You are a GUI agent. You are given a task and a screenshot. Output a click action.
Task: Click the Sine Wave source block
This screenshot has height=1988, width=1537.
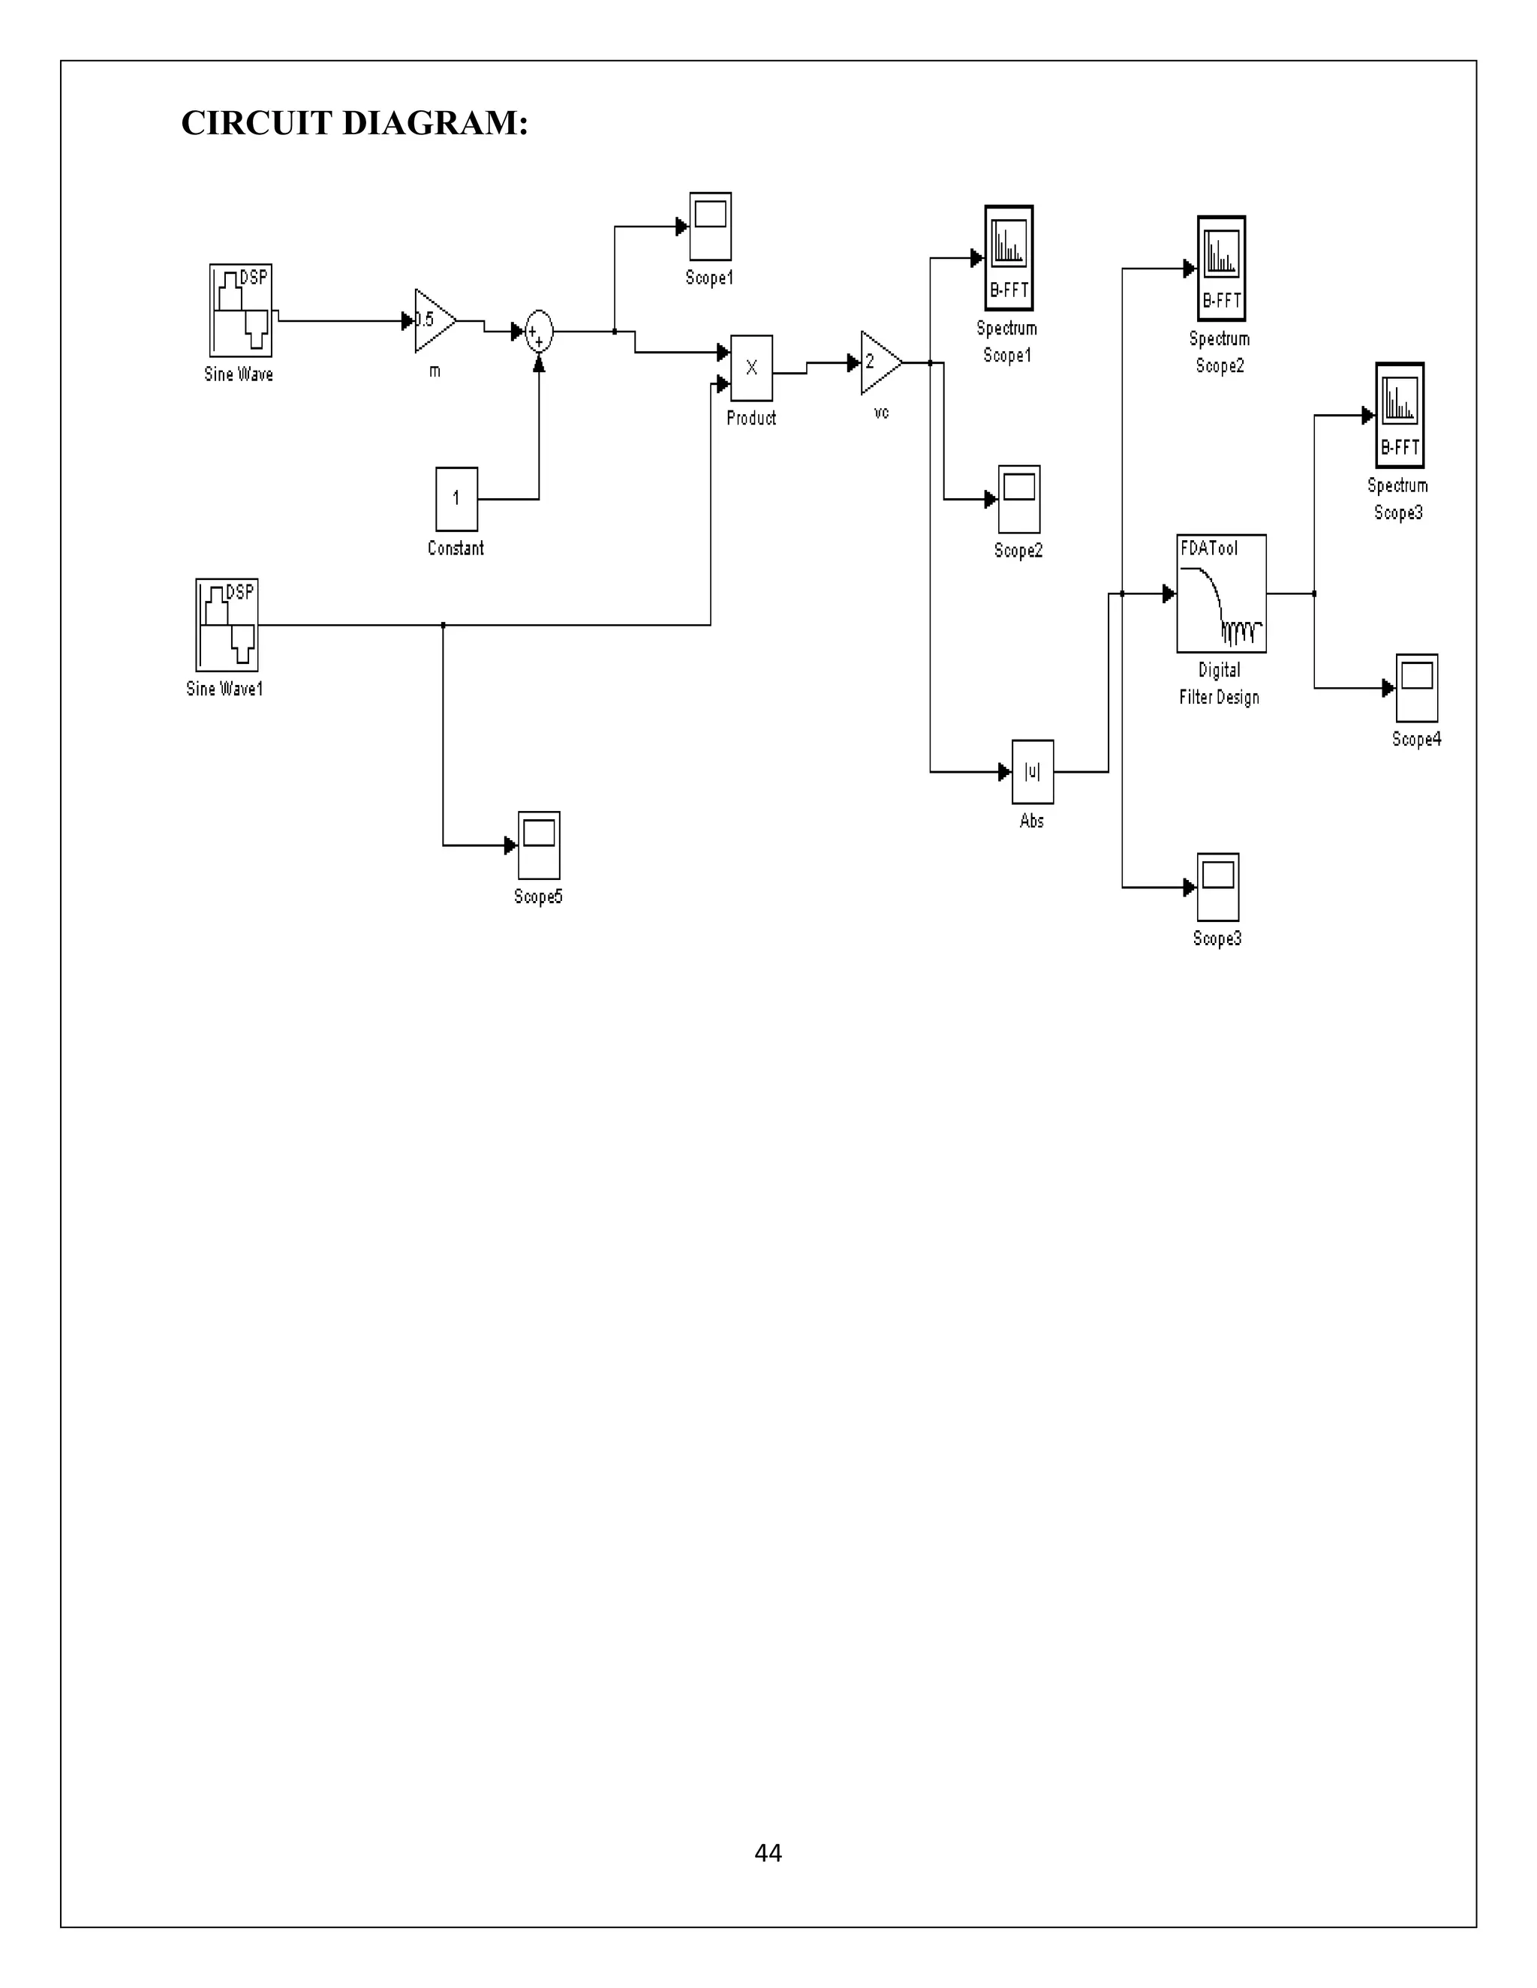240,311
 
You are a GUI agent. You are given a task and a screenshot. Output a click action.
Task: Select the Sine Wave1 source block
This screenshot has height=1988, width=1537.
227,624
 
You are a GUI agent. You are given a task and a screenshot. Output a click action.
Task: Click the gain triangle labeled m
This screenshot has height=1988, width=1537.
434,320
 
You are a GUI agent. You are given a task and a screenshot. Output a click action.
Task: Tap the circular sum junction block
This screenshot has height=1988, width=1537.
539,332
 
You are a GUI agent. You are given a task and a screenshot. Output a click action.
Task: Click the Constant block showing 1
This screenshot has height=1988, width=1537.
456,499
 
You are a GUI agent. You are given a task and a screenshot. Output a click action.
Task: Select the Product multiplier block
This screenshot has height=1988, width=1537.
751,368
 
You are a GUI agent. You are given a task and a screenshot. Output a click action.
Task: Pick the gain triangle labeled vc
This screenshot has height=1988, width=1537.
879,362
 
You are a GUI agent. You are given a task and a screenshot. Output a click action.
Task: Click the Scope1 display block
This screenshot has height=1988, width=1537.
710,226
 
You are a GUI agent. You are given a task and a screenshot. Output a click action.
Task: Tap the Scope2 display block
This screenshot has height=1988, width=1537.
1019,499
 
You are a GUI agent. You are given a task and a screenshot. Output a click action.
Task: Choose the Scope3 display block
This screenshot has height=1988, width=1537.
1217,887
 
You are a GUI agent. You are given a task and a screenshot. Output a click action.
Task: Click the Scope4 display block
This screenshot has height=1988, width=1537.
1416,687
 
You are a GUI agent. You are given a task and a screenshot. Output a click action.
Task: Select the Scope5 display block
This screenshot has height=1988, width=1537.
539,845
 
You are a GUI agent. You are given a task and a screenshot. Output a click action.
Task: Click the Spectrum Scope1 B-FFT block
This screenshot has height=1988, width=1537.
1009,257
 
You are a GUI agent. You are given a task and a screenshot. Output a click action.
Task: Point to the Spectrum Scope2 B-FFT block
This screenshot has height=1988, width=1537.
1221,269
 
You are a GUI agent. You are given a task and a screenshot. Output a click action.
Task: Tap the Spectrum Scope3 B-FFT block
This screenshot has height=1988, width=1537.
1400,415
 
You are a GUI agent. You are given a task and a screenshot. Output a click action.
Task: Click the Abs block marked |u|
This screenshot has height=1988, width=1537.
1033,771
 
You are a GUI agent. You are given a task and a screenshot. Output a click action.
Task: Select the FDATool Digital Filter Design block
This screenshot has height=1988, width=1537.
1221,593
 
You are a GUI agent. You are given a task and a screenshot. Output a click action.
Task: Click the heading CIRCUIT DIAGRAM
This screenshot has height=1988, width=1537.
354,123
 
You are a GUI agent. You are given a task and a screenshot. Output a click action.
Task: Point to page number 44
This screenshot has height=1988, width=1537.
768,1852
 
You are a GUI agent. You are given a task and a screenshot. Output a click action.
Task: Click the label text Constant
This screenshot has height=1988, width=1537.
456,548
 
